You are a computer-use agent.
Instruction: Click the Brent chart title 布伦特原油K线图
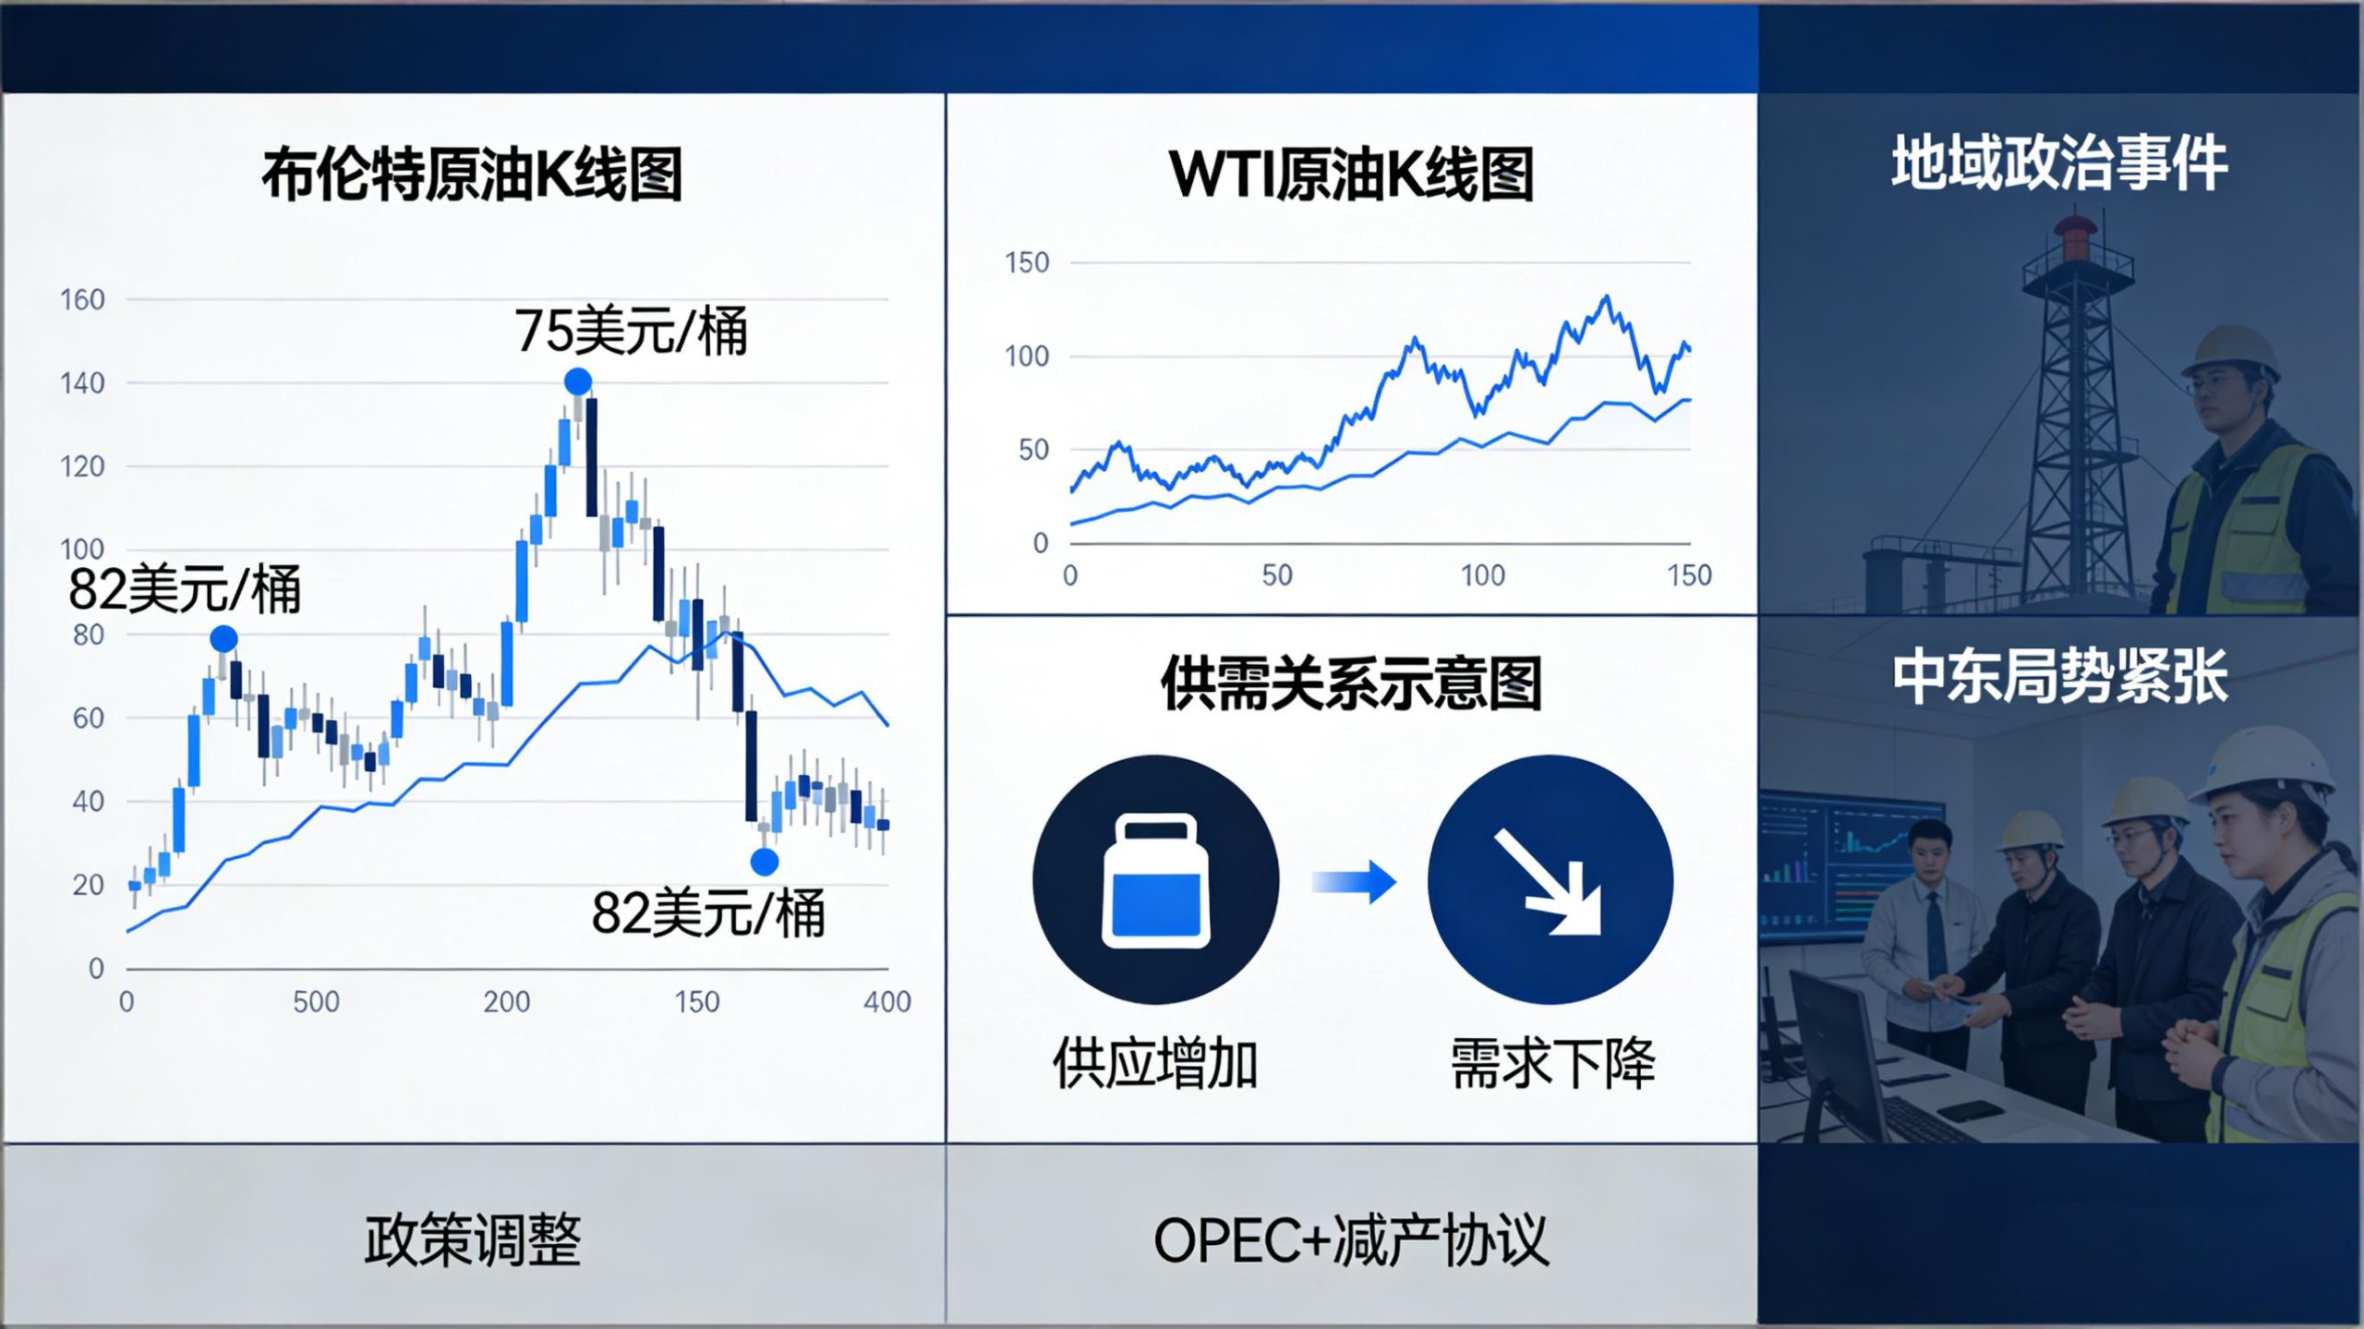click(x=472, y=175)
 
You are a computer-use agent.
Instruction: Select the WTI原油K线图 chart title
click(x=1351, y=175)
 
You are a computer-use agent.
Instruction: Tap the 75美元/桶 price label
click(x=631, y=331)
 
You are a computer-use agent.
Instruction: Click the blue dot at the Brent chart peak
click(x=577, y=381)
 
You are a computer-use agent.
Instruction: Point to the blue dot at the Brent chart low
click(x=764, y=862)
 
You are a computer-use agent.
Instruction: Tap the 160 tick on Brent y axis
click(x=82, y=299)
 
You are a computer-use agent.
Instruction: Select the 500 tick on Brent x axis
click(x=316, y=1001)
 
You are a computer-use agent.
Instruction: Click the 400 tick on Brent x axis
click(x=886, y=1001)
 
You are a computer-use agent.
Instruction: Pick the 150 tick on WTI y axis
click(x=1027, y=262)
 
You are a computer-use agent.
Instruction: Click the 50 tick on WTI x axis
click(x=1277, y=575)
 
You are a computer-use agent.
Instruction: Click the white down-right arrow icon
click(x=1550, y=881)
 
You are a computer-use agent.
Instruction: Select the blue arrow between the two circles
click(x=1354, y=882)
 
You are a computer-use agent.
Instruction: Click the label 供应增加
click(x=1155, y=1063)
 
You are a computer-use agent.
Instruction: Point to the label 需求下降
click(x=1552, y=1063)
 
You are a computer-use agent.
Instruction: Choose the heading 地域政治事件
click(x=2059, y=163)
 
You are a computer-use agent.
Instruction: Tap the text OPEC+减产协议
click(x=1351, y=1240)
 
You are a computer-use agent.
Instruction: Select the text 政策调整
click(x=472, y=1240)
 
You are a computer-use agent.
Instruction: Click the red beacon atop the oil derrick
click(x=2075, y=238)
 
